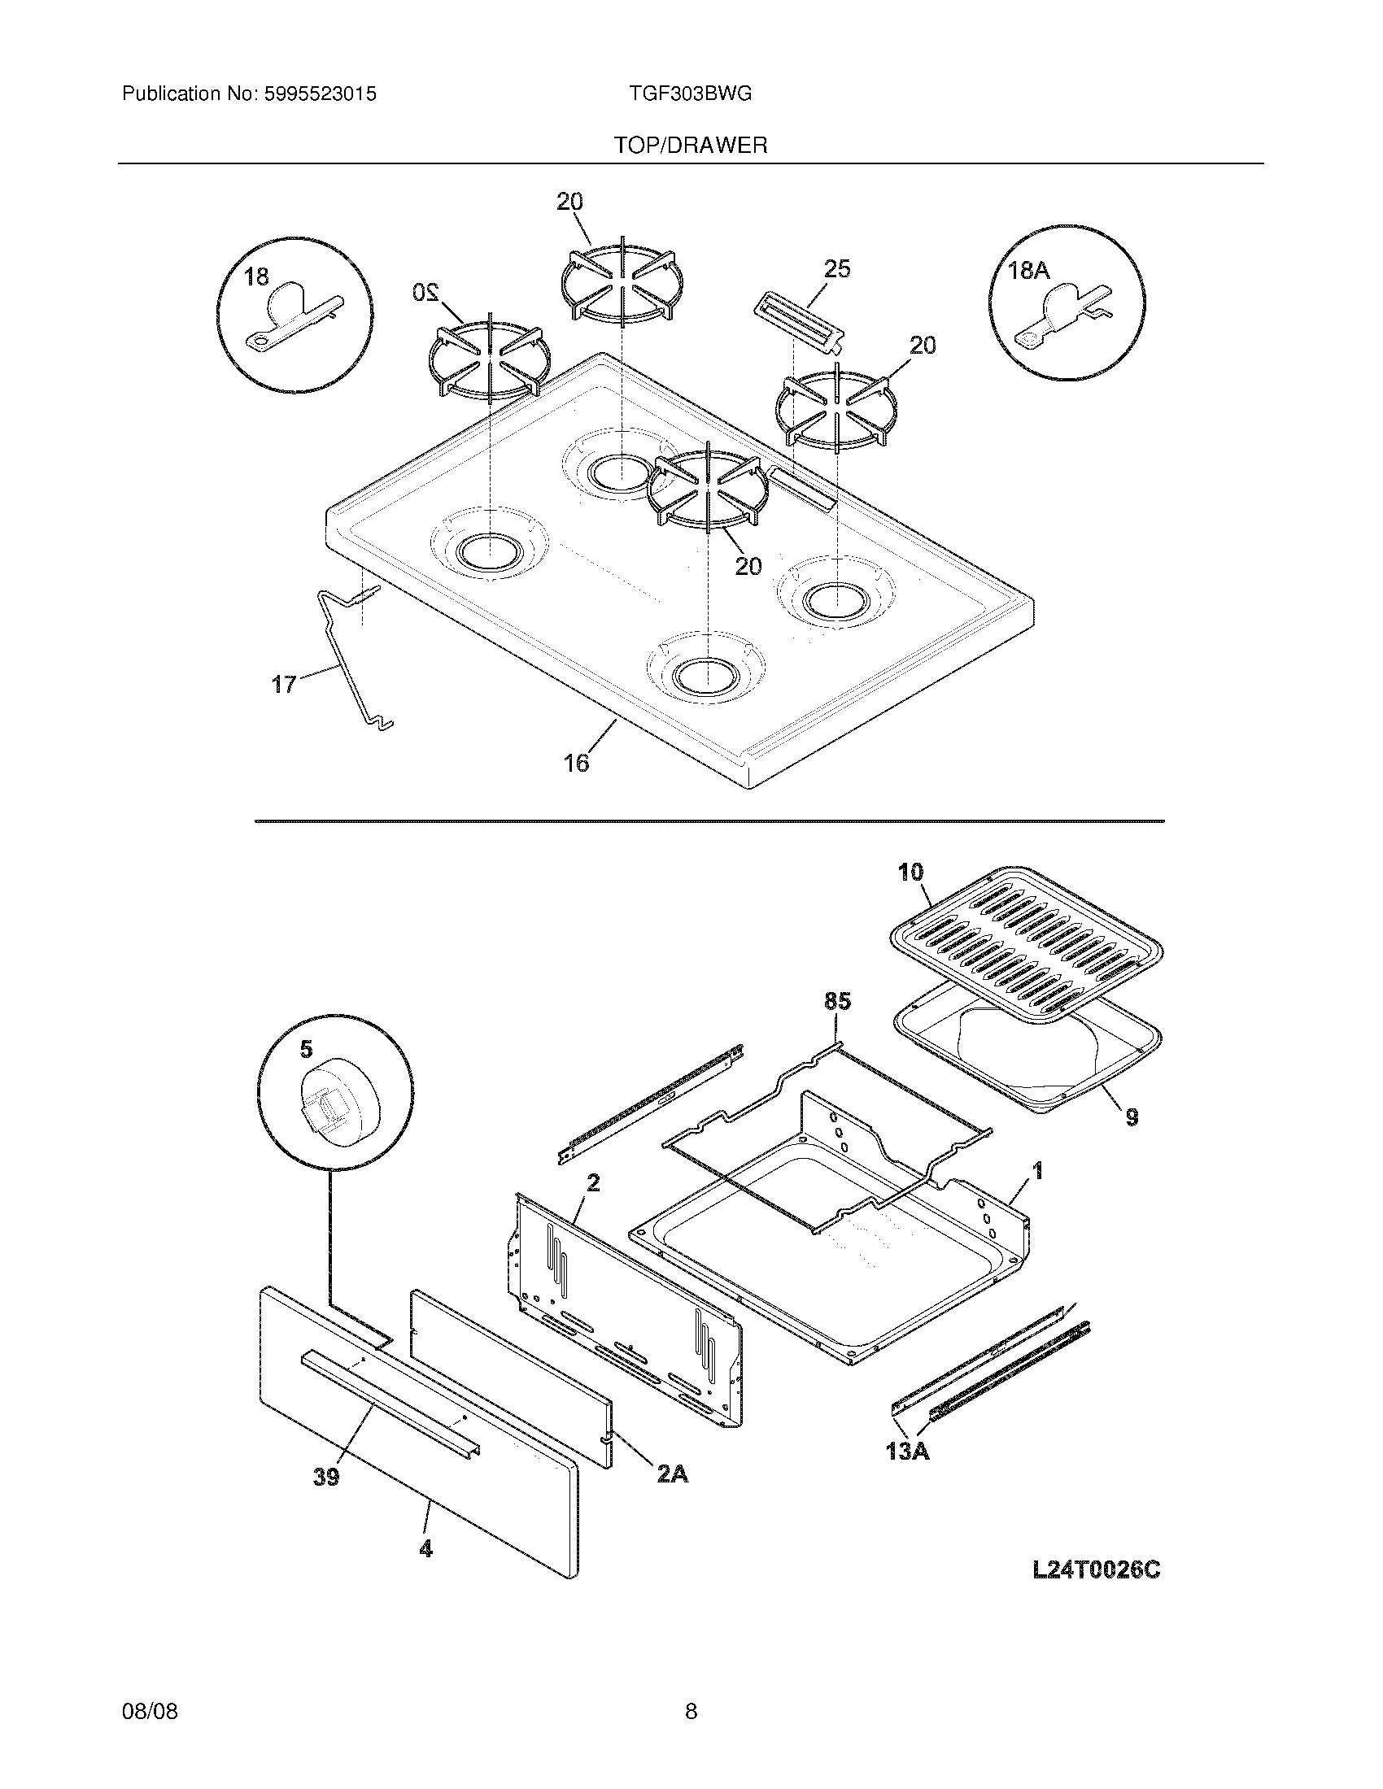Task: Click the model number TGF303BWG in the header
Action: [690, 94]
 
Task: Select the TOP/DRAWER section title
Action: [691, 146]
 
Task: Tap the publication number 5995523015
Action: [321, 94]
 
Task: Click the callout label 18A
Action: [1028, 270]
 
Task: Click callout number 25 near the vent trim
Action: [837, 268]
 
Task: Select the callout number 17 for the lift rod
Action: [283, 684]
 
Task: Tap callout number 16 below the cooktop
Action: [576, 763]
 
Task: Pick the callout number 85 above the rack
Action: [837, 1001]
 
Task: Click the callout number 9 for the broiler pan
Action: [1132, 1116]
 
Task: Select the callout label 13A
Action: [907, 1451]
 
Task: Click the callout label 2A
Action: [671, 1473]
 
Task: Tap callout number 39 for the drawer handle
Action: [326, 1478]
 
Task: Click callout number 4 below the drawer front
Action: [426, 1548]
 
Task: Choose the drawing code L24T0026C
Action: [1096, 1570]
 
